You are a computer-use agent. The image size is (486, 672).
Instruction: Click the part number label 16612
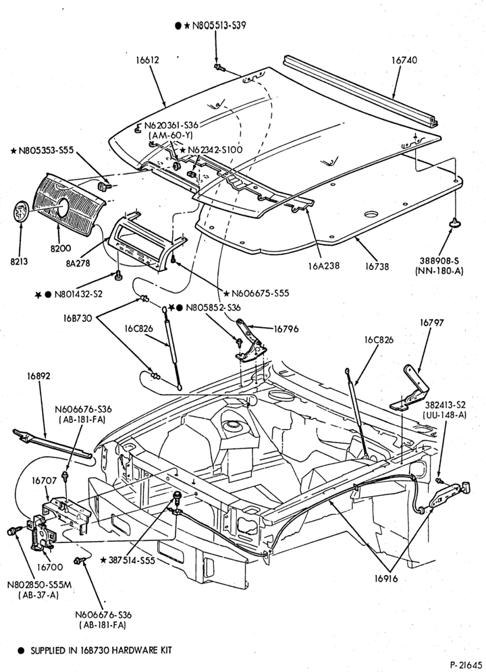147,60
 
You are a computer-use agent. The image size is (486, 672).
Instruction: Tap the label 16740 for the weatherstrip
404,61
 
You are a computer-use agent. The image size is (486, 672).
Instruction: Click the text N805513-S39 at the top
218,25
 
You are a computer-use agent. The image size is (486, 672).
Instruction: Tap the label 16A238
323,266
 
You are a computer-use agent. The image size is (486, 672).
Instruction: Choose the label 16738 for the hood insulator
377,266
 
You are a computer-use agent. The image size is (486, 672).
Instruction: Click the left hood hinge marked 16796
251,341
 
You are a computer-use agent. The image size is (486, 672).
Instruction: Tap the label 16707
44,481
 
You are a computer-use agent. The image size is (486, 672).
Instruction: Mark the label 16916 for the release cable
385,579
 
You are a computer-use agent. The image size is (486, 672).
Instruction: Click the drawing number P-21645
466,665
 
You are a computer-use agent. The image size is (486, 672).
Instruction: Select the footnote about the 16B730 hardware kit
94,650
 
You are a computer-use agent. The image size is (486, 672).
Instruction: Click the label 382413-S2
446,405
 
